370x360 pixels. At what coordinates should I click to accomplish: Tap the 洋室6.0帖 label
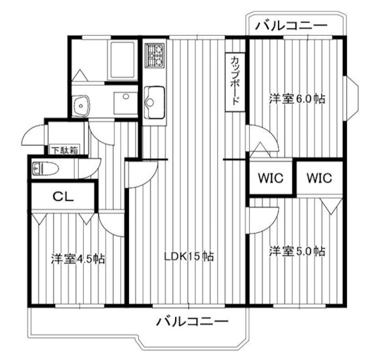297,99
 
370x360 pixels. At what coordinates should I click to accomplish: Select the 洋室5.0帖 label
297,251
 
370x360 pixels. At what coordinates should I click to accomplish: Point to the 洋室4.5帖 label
77,258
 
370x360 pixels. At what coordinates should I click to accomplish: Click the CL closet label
63,196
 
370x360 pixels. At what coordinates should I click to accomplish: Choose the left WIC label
271,178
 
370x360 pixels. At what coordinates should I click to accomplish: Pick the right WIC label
319,178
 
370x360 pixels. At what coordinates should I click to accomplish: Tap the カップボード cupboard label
235,81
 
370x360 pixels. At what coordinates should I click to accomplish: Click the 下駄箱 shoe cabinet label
62,151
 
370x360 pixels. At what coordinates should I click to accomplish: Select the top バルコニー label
291,25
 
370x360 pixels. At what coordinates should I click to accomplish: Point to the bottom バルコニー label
193,321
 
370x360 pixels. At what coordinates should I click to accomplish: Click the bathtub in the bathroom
121,58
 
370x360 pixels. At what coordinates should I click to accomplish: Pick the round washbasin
82,105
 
